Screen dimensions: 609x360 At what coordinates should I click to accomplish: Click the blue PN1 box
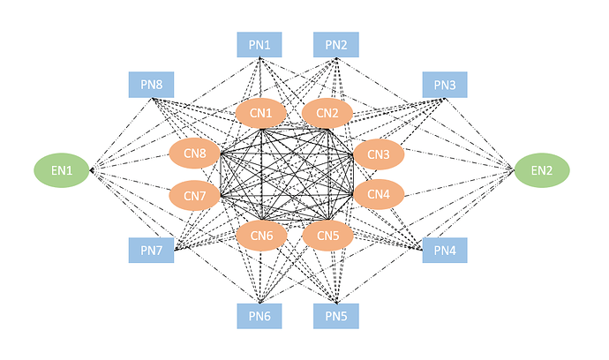[259, 45]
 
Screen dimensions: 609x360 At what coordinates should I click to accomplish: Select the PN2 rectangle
[336, 45]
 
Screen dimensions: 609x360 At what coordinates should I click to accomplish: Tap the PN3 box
[445, 85]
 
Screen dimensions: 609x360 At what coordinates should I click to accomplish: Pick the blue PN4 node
[445, 250]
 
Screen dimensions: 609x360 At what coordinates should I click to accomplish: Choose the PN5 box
[336, 316]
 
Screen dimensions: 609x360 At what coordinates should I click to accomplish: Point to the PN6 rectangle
[259, 316]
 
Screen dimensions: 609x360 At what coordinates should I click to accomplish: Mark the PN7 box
[152, 250]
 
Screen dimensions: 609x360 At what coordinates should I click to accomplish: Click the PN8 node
[152, 85]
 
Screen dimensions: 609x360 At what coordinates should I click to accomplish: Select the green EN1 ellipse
[62, 170]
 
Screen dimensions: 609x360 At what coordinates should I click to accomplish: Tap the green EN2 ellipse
[542, 170]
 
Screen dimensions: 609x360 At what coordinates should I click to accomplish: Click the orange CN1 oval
[261, 113]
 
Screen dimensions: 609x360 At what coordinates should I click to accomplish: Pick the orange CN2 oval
[327, 113]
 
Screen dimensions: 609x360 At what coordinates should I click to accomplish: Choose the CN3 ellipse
[379, 154]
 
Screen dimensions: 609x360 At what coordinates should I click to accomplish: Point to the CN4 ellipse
[379, 194]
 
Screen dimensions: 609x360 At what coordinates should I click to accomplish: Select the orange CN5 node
[327, 236]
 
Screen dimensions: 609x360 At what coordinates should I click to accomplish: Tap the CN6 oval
[261, 236]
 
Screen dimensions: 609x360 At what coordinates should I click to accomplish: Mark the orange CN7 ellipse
[194, 195]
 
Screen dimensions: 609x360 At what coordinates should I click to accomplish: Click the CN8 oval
[194, 154]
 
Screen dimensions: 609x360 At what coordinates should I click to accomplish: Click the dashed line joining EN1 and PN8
[121, 134]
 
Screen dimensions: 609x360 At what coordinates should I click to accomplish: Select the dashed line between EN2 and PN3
[479, 134]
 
